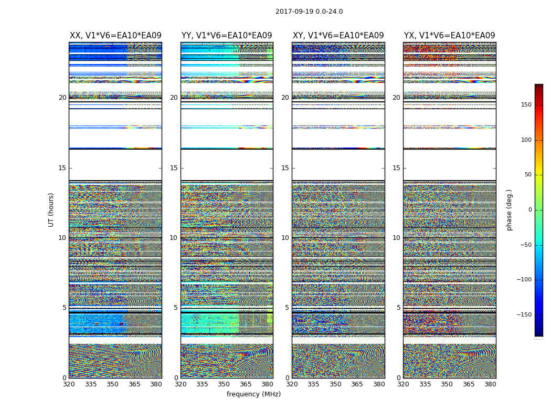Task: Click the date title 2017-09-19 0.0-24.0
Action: point(309,12)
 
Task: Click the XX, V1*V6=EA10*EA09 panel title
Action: point(115,36)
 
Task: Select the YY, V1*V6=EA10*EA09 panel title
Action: point(227,36)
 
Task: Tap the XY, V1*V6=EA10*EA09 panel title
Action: point(338,36)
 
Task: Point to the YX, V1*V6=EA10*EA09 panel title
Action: point(450,36)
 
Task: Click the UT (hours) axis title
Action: point(51,209)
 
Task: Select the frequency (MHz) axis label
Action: point(253,394)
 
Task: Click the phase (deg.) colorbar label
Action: point(509,209)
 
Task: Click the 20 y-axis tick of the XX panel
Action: point(62,98)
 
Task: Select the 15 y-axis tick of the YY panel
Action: point(174,168)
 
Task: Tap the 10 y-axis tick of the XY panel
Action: point(285,238)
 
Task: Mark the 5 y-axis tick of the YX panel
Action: point(398,308)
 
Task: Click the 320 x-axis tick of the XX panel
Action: point(69,384)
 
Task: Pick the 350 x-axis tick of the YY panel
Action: point(224,384)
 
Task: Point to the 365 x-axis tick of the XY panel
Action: point(357,384)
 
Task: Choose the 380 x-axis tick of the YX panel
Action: point(490,384)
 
